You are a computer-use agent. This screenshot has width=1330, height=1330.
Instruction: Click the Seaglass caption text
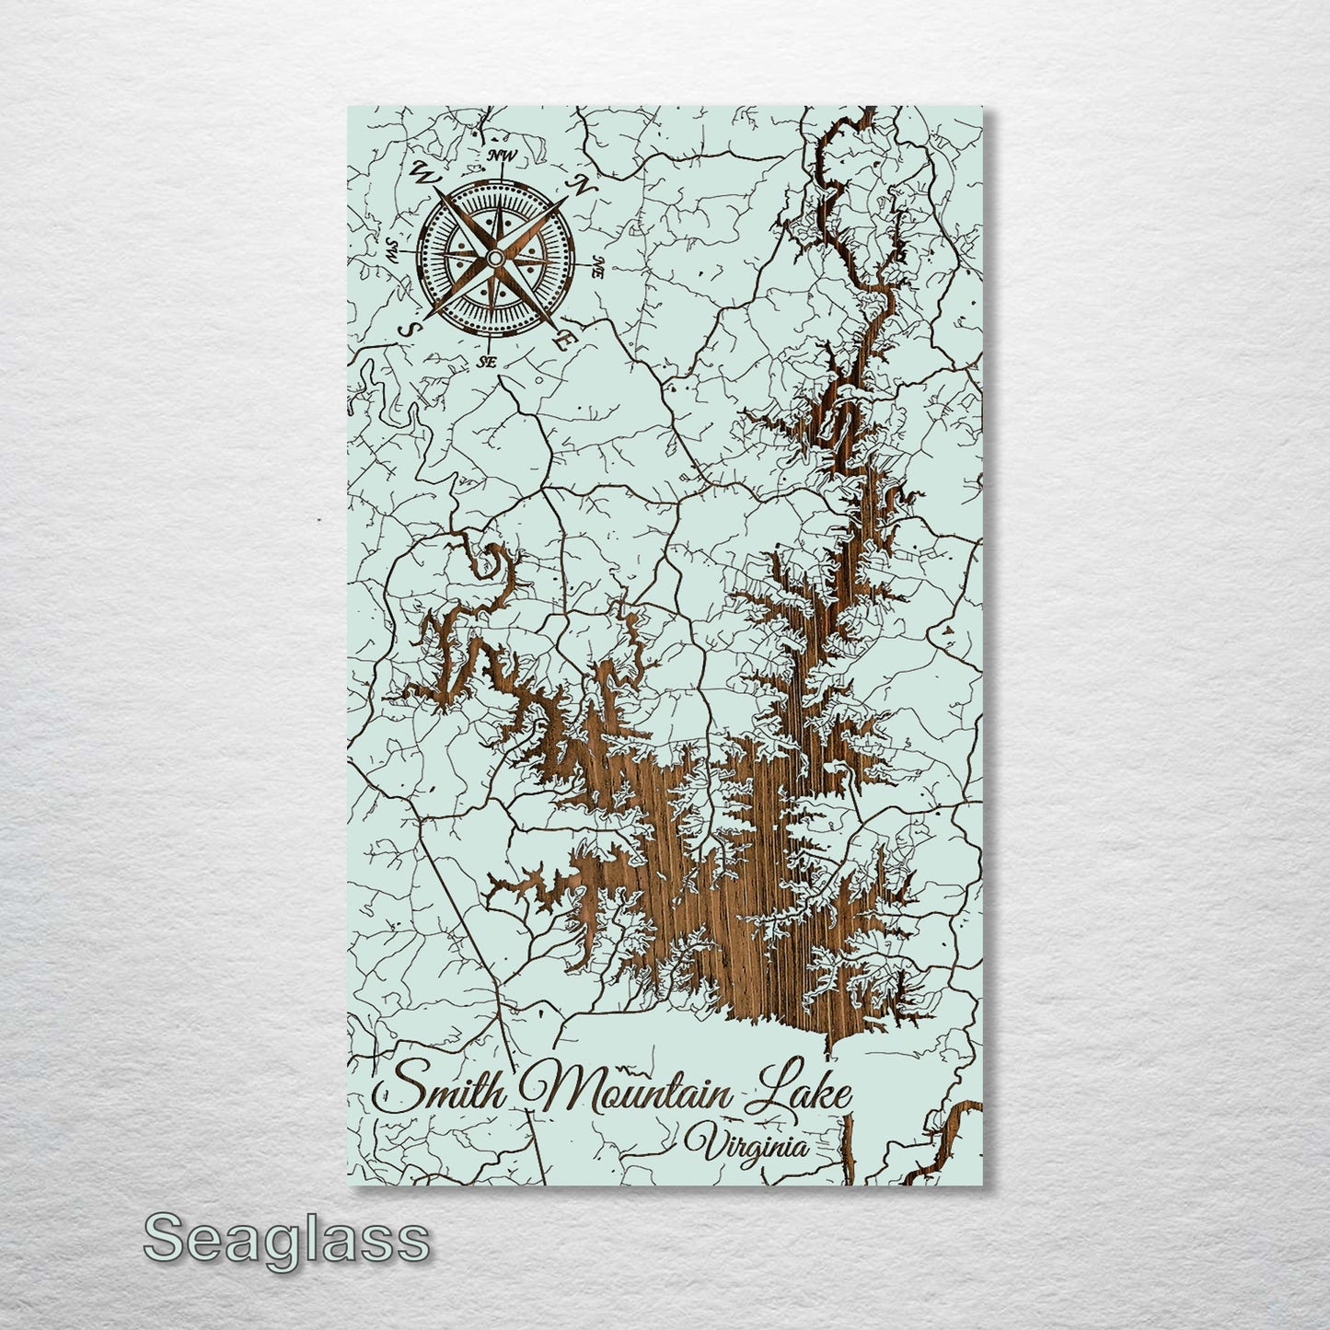point(286,1238)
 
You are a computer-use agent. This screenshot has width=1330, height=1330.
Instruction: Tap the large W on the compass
point(425,171)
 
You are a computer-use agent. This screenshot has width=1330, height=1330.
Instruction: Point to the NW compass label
point(502,155)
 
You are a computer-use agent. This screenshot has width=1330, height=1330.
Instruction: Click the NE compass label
point(598,269)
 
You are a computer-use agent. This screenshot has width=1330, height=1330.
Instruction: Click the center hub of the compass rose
point(495,259)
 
